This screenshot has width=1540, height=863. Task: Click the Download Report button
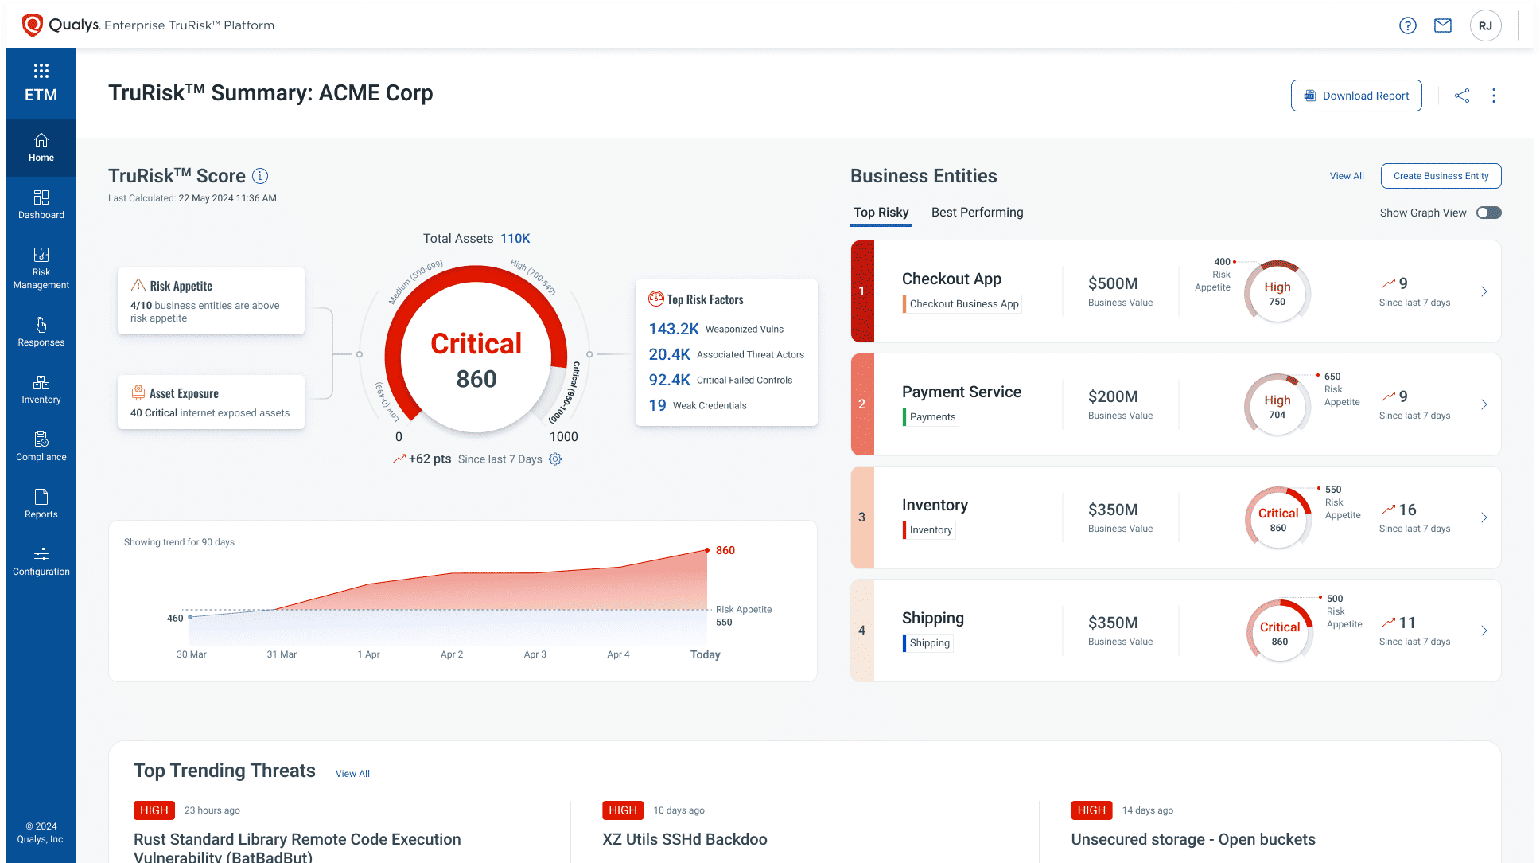click(x=1355, y=96)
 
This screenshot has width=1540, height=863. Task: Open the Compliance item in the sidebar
click(x=41, y=446)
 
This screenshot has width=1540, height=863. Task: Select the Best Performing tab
click(x=977, y=213)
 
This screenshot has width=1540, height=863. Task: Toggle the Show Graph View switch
click(x=1488, y=213)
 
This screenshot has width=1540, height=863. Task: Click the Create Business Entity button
click(x=1441, y=176)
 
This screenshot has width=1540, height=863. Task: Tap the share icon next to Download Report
click(x=1462, y=96)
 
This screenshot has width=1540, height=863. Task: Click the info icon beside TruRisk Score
click(x=260, y=176)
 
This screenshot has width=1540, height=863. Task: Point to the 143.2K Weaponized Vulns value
click(x=674, y=329)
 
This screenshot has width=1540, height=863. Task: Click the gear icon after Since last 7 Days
click(x=555, y=459)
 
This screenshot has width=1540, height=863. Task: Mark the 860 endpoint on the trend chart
click(x=707, y=550)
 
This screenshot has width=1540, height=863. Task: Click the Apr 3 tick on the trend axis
click(x=535, y=654)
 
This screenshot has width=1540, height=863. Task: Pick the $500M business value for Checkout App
click(x=1113, y=283)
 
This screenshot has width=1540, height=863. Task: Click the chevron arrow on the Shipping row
click(x=1484, y=631)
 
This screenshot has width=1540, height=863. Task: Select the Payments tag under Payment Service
click(x=932, y=417)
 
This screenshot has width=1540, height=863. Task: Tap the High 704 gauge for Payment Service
click(x=1277, y=404)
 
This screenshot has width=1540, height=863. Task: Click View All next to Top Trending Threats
click(x=352, y=774)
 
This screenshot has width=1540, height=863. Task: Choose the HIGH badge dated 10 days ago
click(x=622, y=810)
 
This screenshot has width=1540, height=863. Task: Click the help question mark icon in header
click(x=1407, y=25)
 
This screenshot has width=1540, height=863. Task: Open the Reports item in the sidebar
click(x=41, y=503)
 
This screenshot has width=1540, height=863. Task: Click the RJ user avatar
click(x=1485, y=25)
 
